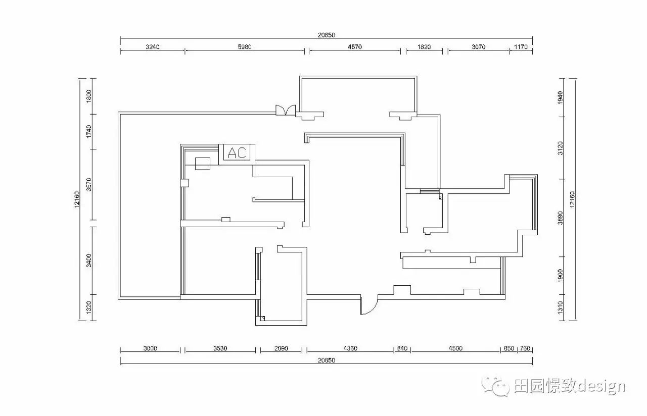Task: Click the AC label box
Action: tap(237, 152)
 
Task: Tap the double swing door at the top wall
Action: tap(286, 110)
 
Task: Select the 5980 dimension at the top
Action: tap(245, 47)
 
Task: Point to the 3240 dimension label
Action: tap(153, 47)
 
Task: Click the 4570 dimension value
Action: tap(355, 47)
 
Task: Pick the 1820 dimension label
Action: tap(424, 47)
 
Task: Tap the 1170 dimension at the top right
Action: tap(521, 47)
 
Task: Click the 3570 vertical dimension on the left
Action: tap(88, 184)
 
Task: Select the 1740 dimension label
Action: tap(88, 131)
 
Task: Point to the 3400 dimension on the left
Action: tap(88, 261)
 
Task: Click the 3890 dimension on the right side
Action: tap(561, 218)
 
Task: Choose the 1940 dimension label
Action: tap(561, 97)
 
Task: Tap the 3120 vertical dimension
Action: tap(561, 148)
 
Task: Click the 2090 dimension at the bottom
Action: tap(281, 348)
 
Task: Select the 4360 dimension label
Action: tap(350, 348)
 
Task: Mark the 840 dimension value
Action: tap(402, 348)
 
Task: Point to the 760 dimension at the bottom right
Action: tap(525, 348)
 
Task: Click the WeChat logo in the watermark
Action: tap(496, 386)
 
